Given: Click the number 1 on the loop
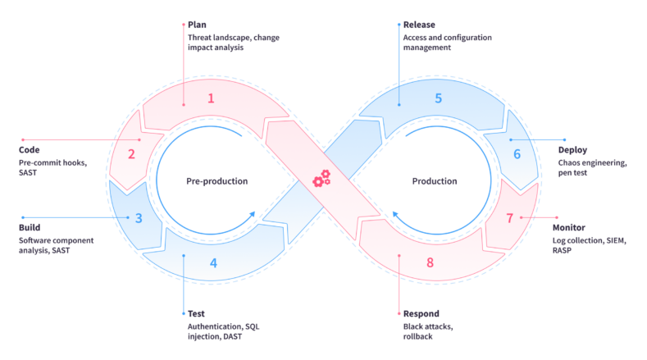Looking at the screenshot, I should (x=211, y=98).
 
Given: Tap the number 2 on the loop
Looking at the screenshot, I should (x=131, y=153).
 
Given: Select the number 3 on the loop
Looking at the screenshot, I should (x=139, y=218).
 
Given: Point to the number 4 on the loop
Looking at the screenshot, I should (x=214, y=263).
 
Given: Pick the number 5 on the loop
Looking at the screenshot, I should (x=438, y=98).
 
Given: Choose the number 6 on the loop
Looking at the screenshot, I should (x=517, y=153).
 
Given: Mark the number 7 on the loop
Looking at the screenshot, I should (x=510, y=218).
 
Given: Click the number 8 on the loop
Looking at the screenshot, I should (x=430, y=263).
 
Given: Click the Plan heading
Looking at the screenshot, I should (x=197, y=25).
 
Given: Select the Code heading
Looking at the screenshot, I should (x=30, y=150).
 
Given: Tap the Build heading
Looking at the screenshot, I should (x=30, y=227).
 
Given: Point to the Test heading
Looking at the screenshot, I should (x=196, y=313).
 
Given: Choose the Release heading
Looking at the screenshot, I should (x=419, y=25).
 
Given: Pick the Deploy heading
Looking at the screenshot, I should (x=573, y=150).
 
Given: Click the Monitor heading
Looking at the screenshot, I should (x=573, y=227).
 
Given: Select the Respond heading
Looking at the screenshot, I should (x=421, y=313).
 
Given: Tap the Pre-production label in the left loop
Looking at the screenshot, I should (x=216, y=181).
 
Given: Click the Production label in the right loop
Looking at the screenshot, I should (x=434, y=181).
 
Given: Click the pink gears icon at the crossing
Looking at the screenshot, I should (x=321, y=178).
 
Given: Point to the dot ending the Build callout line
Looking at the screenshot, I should (x=23, y=217).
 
